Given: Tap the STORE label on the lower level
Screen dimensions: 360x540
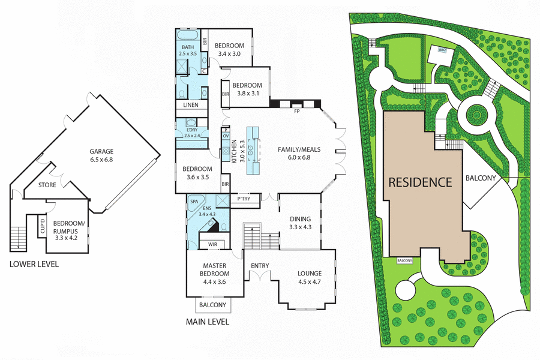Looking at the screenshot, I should click(47, 185).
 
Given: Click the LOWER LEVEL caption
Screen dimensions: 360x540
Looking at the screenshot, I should click(34, 264).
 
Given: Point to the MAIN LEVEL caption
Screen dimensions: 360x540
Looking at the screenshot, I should click(207, 322).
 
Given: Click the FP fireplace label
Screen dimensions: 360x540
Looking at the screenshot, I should click(296, 112).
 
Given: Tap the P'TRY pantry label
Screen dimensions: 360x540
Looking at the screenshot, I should click(244, 199).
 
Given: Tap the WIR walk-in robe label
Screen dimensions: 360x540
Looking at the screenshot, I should click(212, 245).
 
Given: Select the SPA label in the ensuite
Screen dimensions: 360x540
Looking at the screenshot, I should click(194, 202).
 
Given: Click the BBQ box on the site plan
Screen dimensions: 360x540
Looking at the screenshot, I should click(443, 50).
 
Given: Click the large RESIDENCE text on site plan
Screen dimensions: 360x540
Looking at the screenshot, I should click(419, 182).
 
